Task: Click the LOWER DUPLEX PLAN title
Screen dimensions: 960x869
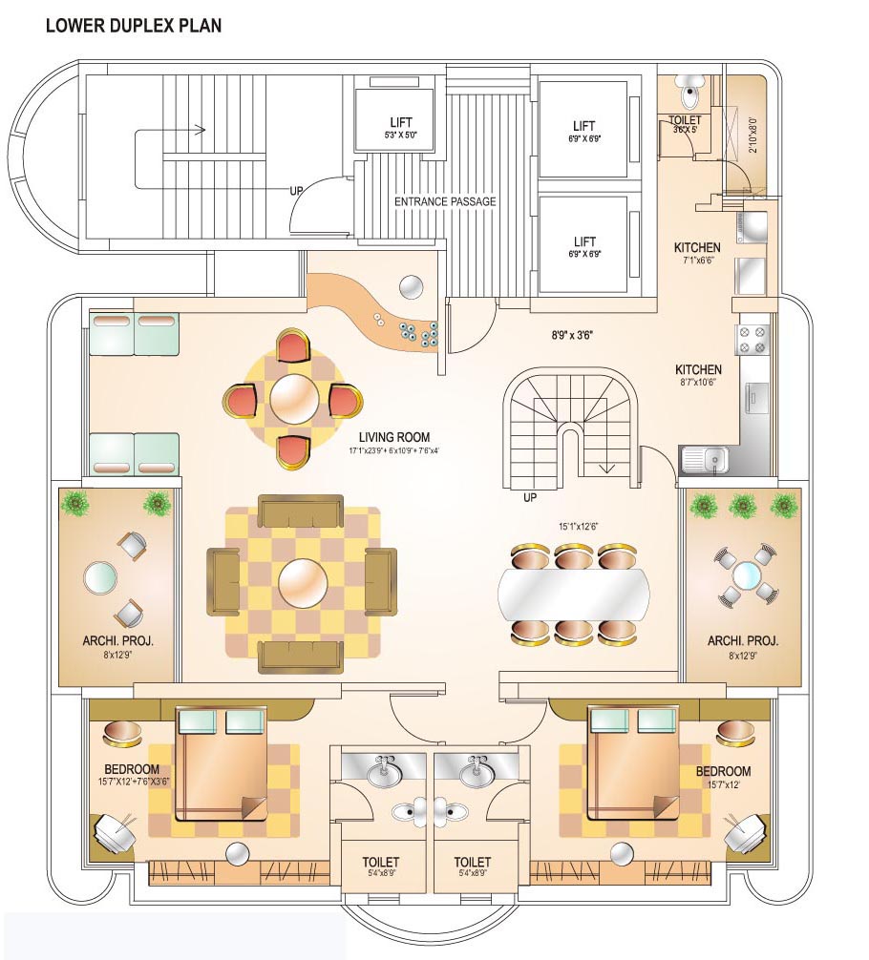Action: click(133, 26)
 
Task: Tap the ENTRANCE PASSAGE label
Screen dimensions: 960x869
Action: click(445, 201)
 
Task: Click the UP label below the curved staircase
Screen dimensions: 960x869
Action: click(530, 497)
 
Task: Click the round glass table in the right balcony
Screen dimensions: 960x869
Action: click(746, 575)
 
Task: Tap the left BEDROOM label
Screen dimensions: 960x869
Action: click(132, 769)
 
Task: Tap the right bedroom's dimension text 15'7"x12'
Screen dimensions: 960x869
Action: click(724, 785)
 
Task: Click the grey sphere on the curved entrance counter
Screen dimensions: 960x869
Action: click(412, 286)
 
